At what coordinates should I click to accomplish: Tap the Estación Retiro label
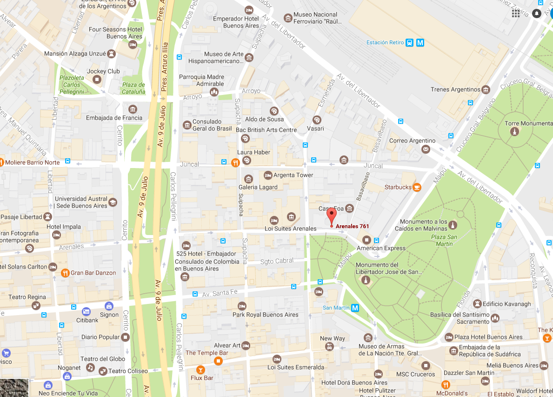(x=385, y=42)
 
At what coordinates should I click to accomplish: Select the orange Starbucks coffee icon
(x=417, y=187)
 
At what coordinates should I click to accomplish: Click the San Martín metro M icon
(x=355, y=308)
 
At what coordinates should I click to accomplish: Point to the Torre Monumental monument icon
(x=514, y=132)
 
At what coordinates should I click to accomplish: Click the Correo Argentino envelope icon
(x=426, y=149)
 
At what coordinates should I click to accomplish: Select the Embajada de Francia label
(x=114, y=118)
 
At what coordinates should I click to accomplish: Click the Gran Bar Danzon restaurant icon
(x=65, y=273)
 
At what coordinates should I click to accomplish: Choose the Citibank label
(x=87, y=320)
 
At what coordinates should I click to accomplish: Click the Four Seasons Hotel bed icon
(x=133, y=45)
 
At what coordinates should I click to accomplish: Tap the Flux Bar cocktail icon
(x=200, y=370)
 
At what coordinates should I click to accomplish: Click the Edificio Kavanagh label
(x=506, y=304)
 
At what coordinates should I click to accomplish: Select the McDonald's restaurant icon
(x=446, y=384)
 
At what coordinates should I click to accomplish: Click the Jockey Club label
(x=107, y=71)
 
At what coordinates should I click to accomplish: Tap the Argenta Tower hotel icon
(x=268, y=175)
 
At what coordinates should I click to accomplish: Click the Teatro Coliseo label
(x=128, y=371)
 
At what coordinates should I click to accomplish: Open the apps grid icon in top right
(x=516, y=13)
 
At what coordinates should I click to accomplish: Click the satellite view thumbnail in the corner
(x=14, y=388)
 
